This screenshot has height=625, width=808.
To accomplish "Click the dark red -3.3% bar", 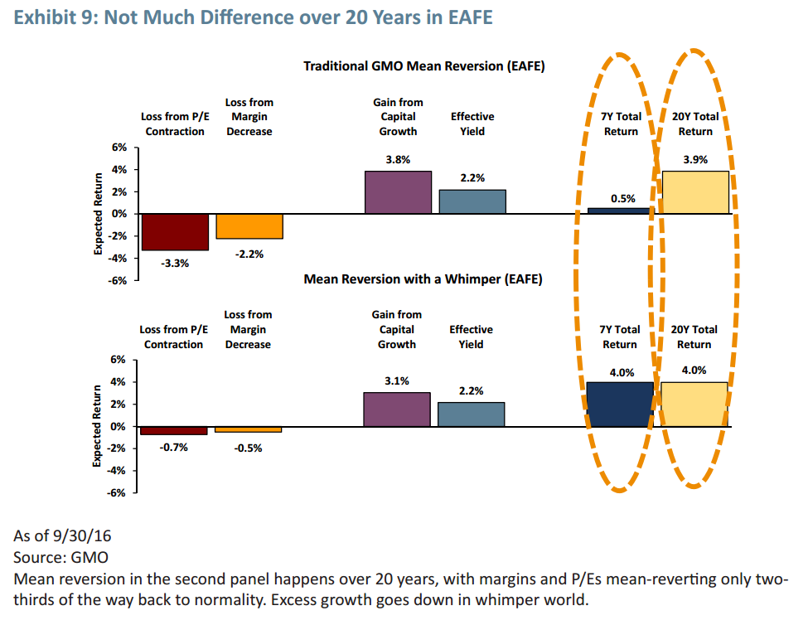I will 174,231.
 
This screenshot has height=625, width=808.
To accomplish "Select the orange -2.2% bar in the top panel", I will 249,225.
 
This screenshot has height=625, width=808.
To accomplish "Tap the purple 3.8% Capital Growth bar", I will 398,192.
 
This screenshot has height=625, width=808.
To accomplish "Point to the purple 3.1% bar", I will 397,409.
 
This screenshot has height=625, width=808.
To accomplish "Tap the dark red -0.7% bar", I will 174,430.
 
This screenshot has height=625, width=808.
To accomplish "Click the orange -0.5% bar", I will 249,429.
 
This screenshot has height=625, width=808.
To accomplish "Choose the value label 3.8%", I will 398,160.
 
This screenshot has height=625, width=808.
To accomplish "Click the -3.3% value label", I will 175,264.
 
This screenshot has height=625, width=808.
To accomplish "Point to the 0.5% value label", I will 622,198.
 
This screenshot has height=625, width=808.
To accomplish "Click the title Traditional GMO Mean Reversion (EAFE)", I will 423,66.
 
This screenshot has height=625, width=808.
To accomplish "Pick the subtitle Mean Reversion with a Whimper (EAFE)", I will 423,279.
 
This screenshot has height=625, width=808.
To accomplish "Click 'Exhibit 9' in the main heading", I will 52,17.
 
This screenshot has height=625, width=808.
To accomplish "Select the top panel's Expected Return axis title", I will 99,213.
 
